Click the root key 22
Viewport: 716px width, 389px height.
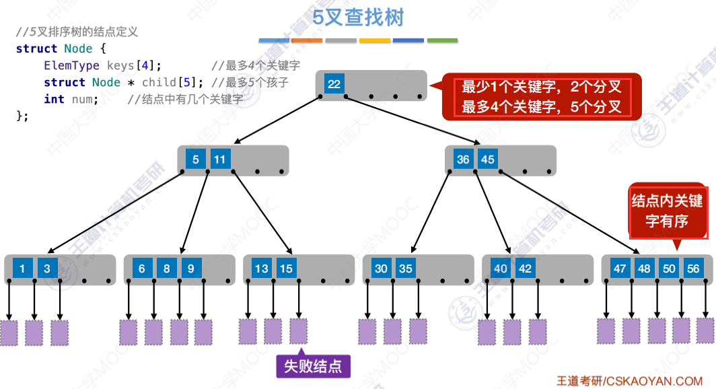point(334,84)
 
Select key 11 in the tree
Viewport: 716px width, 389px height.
point(220,160)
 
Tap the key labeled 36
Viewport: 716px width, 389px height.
point(463,160)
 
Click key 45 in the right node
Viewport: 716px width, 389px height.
point(488,160)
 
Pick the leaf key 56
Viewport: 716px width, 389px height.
point(693,269)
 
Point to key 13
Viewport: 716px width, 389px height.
point(261,269)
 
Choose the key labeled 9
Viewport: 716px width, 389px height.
point(191,269)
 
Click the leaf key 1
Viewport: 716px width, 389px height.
point(22,269)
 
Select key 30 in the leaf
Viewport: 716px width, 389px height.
point(381,269)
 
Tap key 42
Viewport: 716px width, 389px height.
point(526,269)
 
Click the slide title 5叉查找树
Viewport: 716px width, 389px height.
point(358,17)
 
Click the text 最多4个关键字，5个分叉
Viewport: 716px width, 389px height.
point(541,106)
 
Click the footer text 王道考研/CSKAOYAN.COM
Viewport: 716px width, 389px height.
point(629,380)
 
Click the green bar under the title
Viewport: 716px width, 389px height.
point(442,40)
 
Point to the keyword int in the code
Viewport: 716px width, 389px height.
point(54,99)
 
